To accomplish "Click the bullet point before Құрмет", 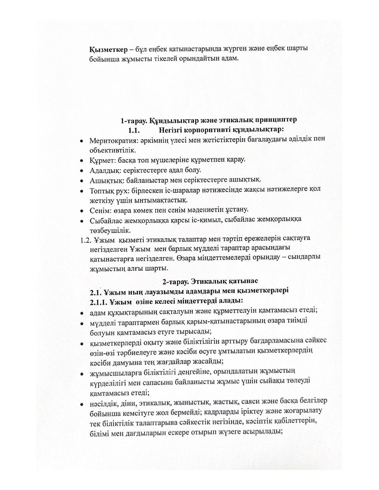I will (81, 161).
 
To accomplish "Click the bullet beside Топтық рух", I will (81, 190).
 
